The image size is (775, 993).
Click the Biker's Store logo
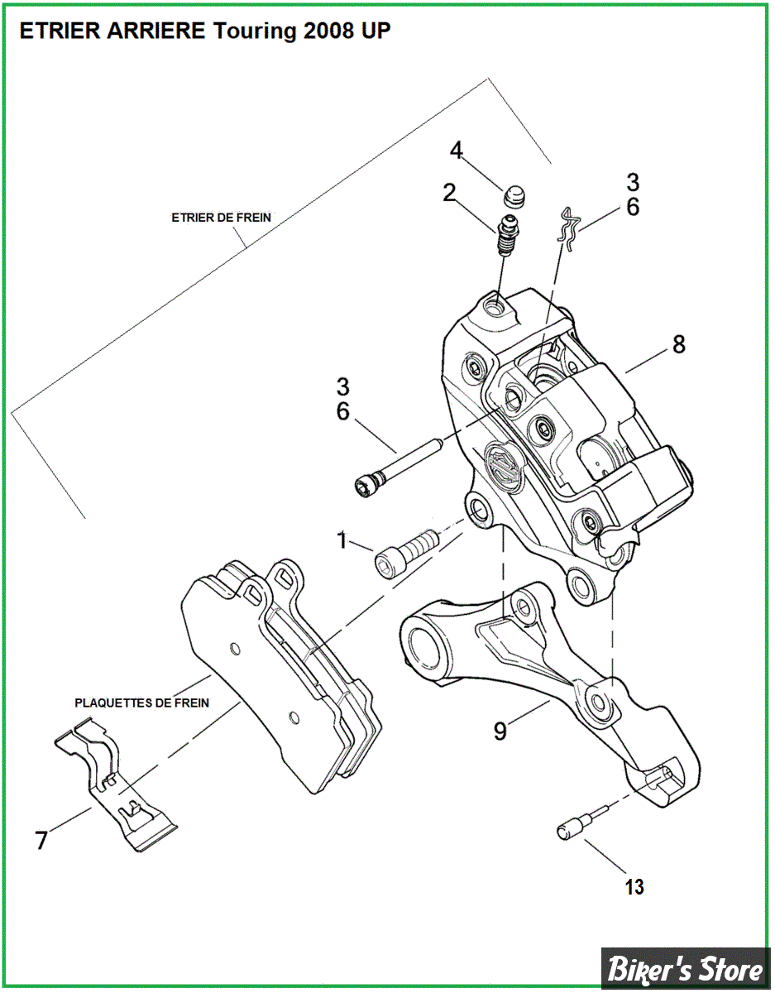coord(686,968)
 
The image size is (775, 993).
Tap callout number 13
coord(634,887)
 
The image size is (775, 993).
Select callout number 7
coord(41,840)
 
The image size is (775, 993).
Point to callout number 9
coord(500,731)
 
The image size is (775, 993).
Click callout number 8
coord(678,344)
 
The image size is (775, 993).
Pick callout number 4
coord(457,151)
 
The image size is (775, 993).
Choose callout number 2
coord(449,194)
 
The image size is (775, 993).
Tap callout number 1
coord(342,541)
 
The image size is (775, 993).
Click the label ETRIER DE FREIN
coord(221,218)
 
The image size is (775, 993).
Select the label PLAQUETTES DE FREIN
coord(141,703)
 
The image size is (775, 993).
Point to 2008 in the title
coord(329,31)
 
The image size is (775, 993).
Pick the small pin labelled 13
coord(578,825)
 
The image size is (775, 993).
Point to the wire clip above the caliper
coord(568,226)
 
